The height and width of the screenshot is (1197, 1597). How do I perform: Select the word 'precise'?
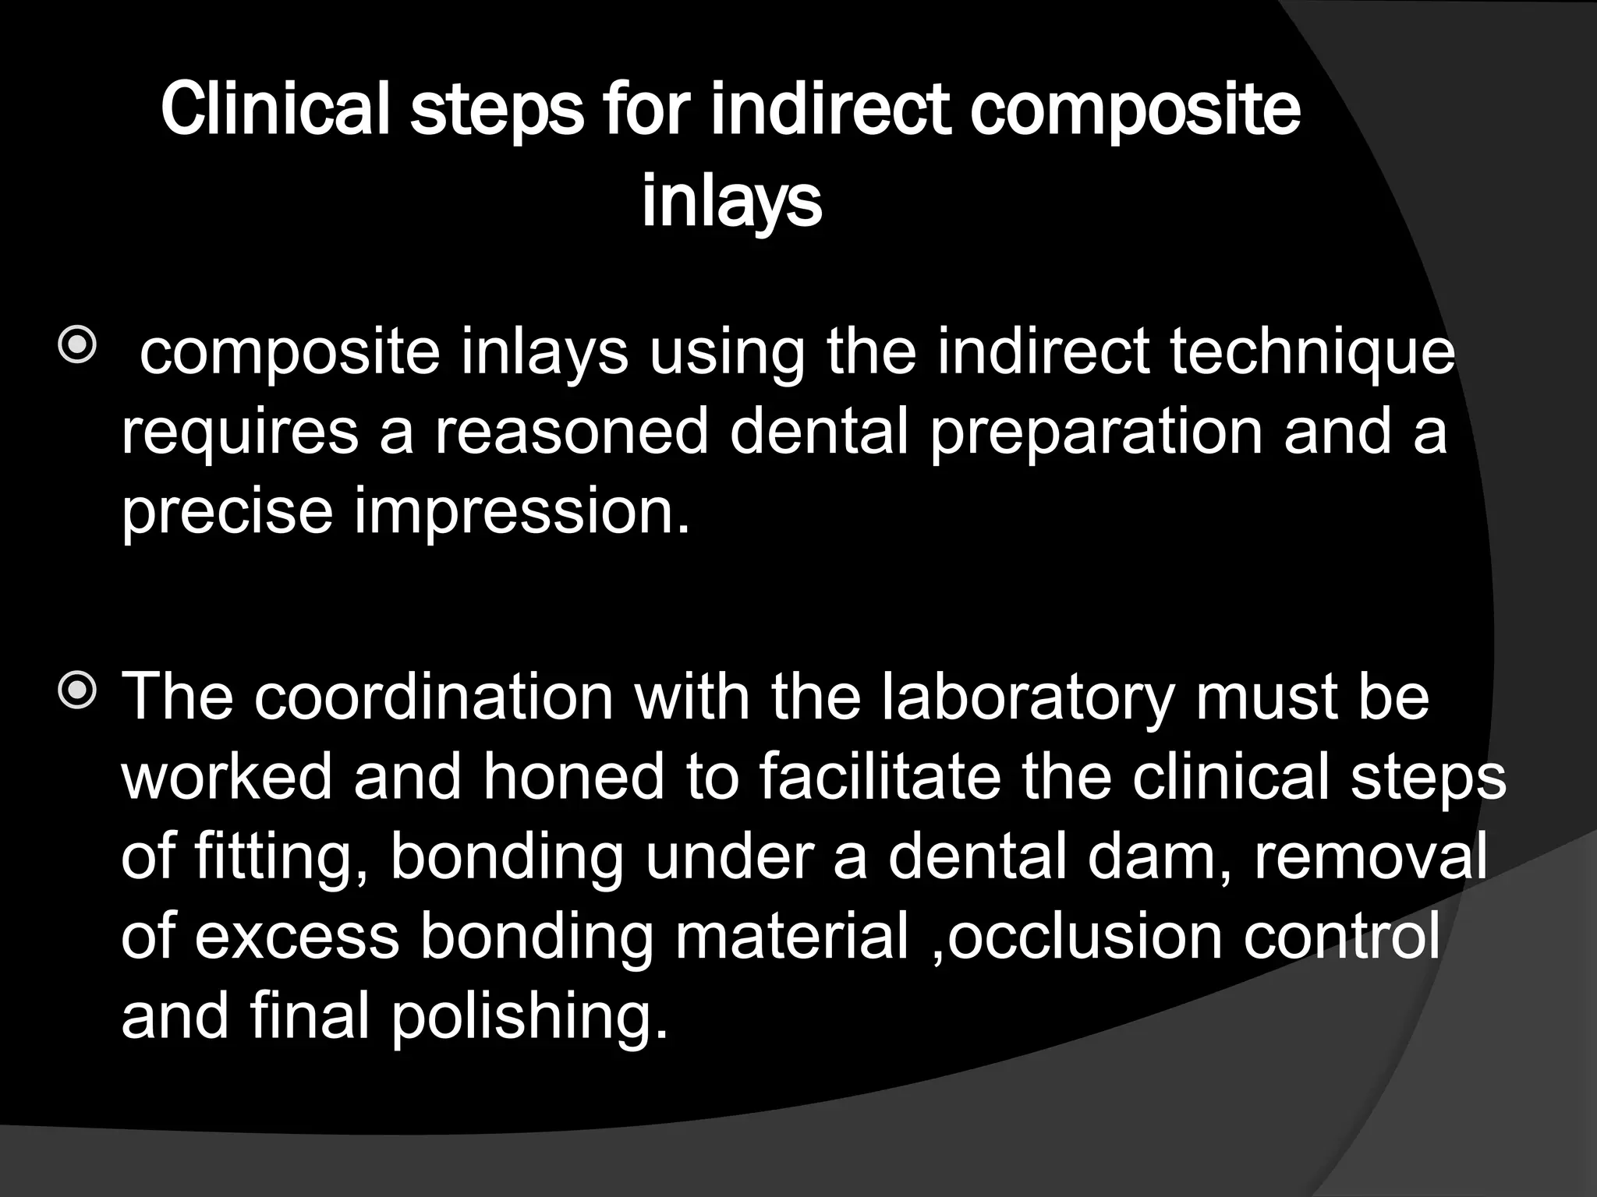coord(227,510)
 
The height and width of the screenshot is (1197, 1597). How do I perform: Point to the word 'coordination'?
coord(434,696)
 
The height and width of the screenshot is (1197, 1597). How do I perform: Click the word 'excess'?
coord(296,937)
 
